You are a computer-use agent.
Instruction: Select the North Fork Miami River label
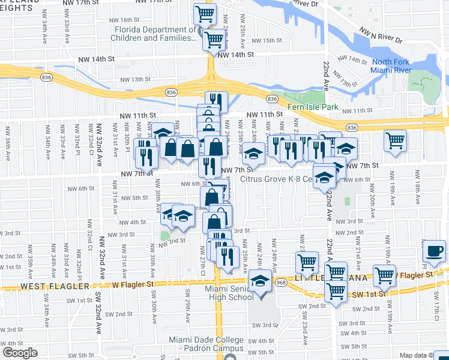click(391, 67)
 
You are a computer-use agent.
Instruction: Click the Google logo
click(20, 353)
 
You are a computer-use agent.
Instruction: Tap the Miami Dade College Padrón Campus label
click(206, 344)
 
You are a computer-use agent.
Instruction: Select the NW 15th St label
click(267, 40)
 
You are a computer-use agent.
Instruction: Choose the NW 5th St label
click(134, 197)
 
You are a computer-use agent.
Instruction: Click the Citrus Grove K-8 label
click(276, 178)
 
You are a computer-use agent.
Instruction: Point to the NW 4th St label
click(133, 222)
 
